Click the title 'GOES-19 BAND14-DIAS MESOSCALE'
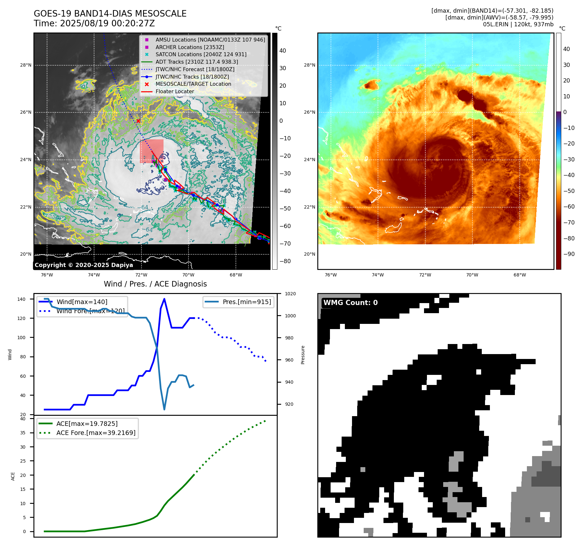[x=110, y=14]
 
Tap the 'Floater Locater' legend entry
[x=175, y=92]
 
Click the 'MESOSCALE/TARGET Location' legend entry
[x=193, y=84]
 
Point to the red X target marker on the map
[x=138, y=121]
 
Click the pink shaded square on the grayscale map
[x=152, y=151]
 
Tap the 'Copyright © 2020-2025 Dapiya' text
[x=84, y=265]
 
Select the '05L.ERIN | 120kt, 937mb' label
[x=518, y=24]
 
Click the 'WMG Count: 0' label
[x=350, y=303]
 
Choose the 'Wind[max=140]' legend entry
[x=82, y=302]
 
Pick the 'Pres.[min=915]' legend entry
[x=247, y=302]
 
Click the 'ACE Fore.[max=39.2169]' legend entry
[x=96, y=433]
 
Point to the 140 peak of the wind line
[x=164, y=299]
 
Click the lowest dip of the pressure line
[x=164, y=409]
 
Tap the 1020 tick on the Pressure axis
[x=290, y=294]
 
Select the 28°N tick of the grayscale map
[x=26, y=65]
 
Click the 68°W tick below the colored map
[x=519, y=275]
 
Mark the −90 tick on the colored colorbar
[x=569, y=254]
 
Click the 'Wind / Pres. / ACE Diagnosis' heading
[x=155, y=284]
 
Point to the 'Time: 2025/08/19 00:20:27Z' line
[x=94, y=23]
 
